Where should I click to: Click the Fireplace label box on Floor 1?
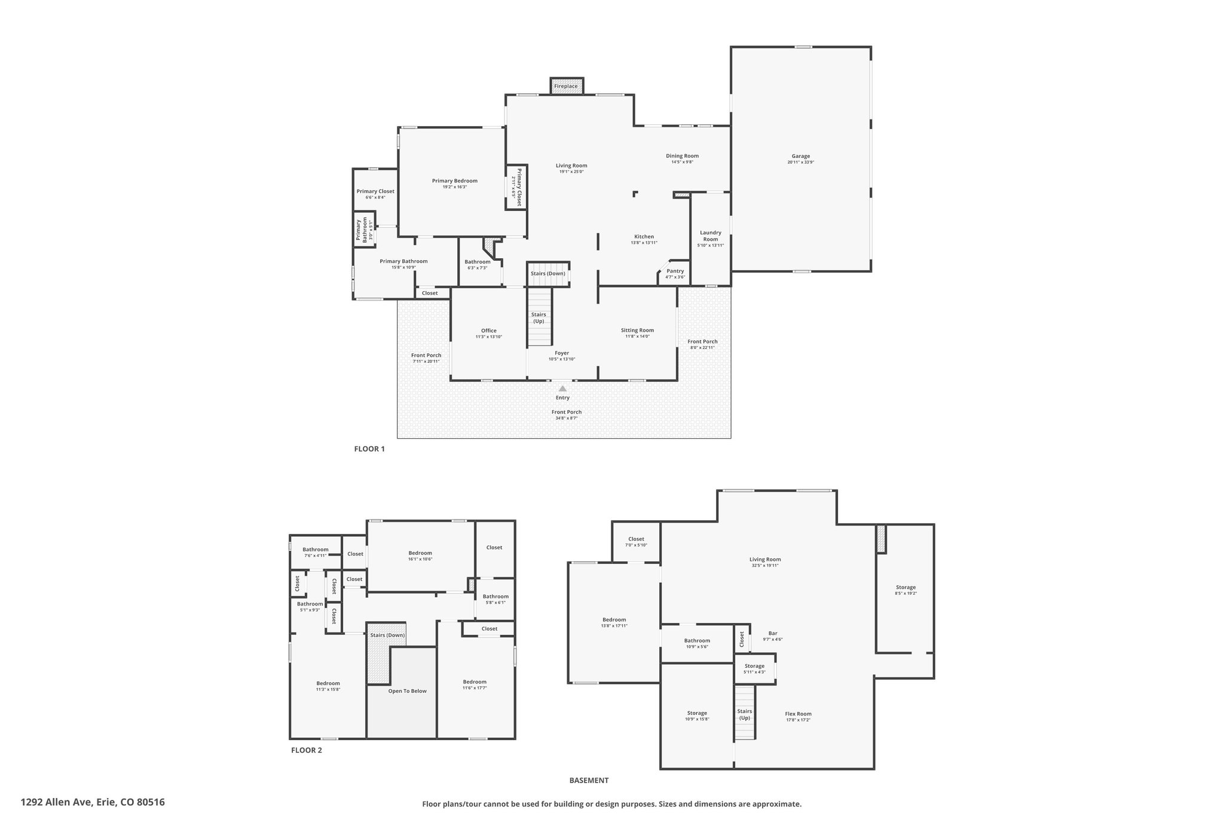[x=565, y=86]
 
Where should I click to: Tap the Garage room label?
[x=800, y=157]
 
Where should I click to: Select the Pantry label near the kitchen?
[x=675, y=271]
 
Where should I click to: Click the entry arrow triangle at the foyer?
[x=562, y=389]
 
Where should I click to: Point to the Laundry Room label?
[x=711, y=236]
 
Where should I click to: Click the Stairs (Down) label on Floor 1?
[x=547, y=274]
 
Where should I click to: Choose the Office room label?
[x=488, y=331]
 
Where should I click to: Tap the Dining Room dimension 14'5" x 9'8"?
[x=682, y=162]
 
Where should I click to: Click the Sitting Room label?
[x=637, y=330]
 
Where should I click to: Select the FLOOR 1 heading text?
[x=369, y=449]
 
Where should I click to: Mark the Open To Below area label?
[x=407, y=691]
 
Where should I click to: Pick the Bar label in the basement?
[x=773, y=633]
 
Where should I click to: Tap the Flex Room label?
[x=798, y=714]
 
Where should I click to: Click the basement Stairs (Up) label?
[x=744, y=714]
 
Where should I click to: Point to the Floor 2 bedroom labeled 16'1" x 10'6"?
[x=420, y=553]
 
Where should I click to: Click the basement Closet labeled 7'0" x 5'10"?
[x=636, y=539]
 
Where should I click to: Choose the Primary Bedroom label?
[x=455, y=181]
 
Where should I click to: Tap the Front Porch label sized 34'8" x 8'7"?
[x=566, y=412]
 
